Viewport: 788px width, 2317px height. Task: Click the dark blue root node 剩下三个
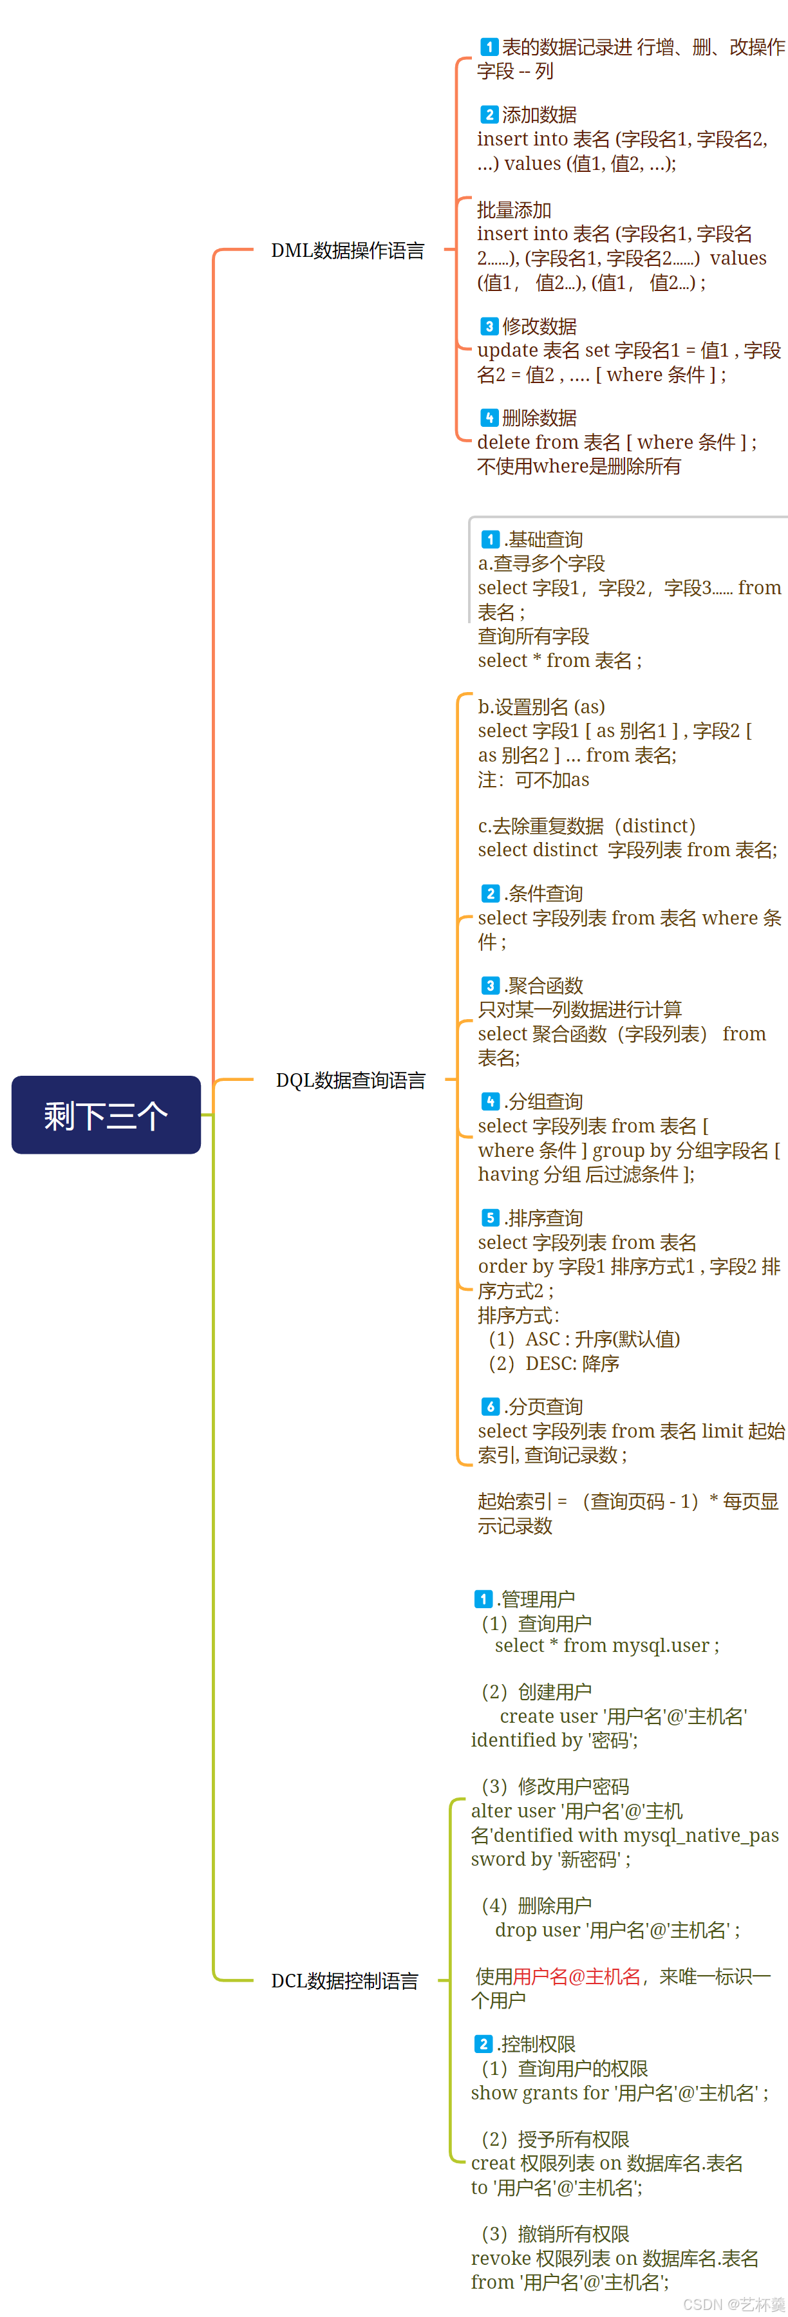106,1114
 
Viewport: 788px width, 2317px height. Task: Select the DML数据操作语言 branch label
347,251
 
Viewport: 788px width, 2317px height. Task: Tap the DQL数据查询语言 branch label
350,1080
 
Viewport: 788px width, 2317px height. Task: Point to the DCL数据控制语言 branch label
344,1980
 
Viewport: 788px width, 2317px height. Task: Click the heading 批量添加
514,211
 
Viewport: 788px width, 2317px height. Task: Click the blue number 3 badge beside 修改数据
489,326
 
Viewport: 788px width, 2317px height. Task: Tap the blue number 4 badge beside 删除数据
489,418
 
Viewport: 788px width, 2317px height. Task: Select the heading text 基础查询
545,539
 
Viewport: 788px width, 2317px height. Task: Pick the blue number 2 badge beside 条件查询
491,894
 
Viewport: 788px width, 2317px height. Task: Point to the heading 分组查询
545,1102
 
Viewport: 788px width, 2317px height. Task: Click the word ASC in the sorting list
543,1339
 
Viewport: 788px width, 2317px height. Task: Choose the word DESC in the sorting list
550,1364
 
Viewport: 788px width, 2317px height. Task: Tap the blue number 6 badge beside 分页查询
491,1407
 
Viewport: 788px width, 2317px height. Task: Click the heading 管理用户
537,1599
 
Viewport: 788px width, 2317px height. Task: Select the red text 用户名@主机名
577,1976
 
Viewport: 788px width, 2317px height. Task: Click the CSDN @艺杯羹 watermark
733,2304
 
